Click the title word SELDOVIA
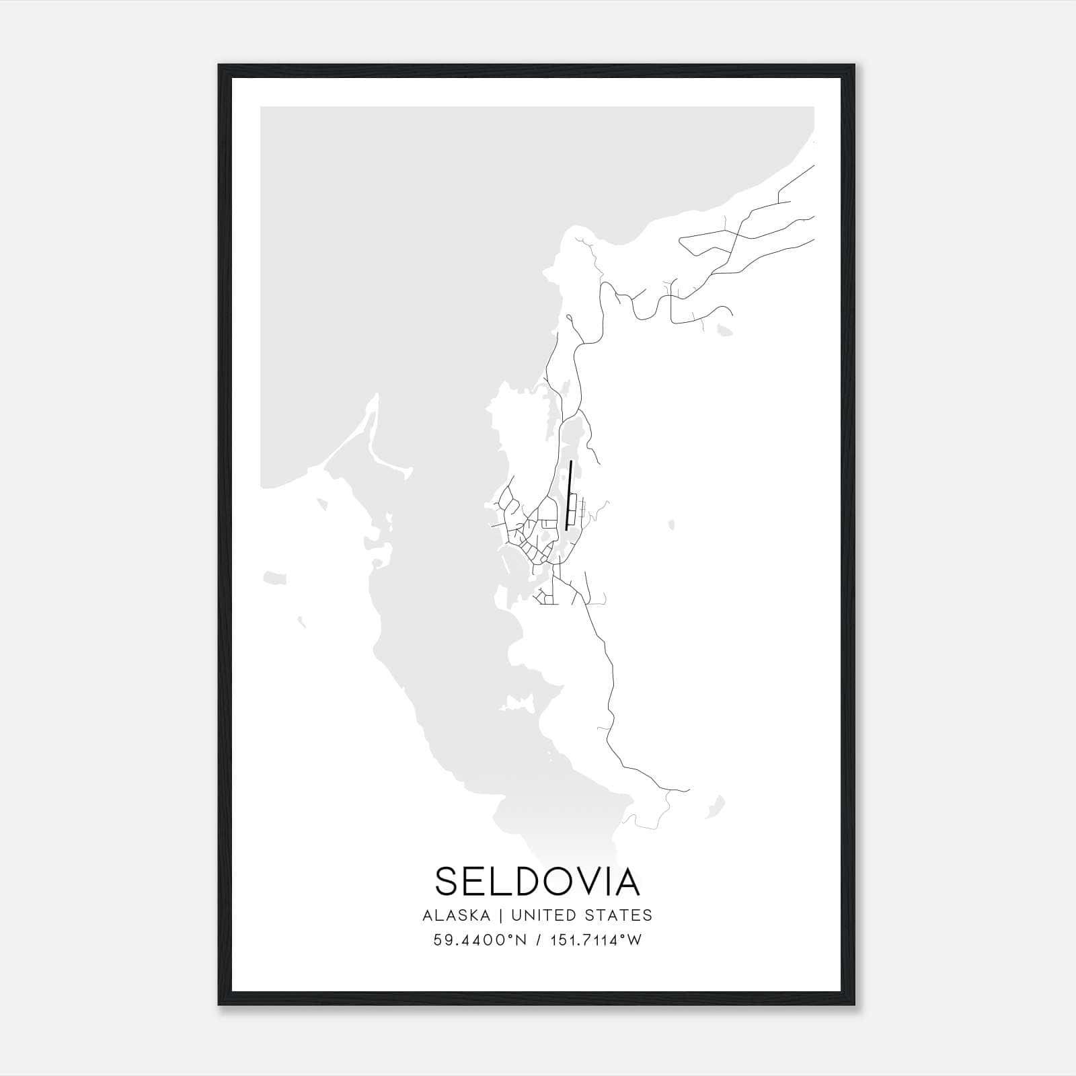(537, 881)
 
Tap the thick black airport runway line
(569, 496)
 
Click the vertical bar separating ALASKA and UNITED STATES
(505, 915)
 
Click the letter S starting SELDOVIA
(449, 881)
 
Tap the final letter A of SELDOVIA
(625, 881)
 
